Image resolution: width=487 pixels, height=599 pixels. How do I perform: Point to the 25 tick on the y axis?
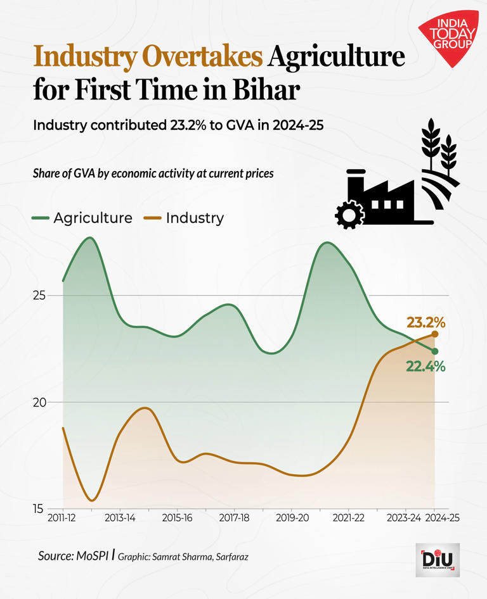click(x=39, y=296)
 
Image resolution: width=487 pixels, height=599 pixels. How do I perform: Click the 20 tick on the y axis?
click(x=39, y=403)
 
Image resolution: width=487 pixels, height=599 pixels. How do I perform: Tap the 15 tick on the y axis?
click(x=39, y=508)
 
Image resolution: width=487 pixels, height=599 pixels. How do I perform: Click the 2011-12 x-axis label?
click(x=62, y=519)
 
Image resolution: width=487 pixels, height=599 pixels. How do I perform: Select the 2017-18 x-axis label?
click(x=234, y=519)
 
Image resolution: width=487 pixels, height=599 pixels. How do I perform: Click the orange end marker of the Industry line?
click(x=435, y=334)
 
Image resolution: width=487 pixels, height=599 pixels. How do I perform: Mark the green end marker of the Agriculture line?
click(x=435, y=351)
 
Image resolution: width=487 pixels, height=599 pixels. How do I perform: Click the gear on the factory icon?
click(x=349, y=215)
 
